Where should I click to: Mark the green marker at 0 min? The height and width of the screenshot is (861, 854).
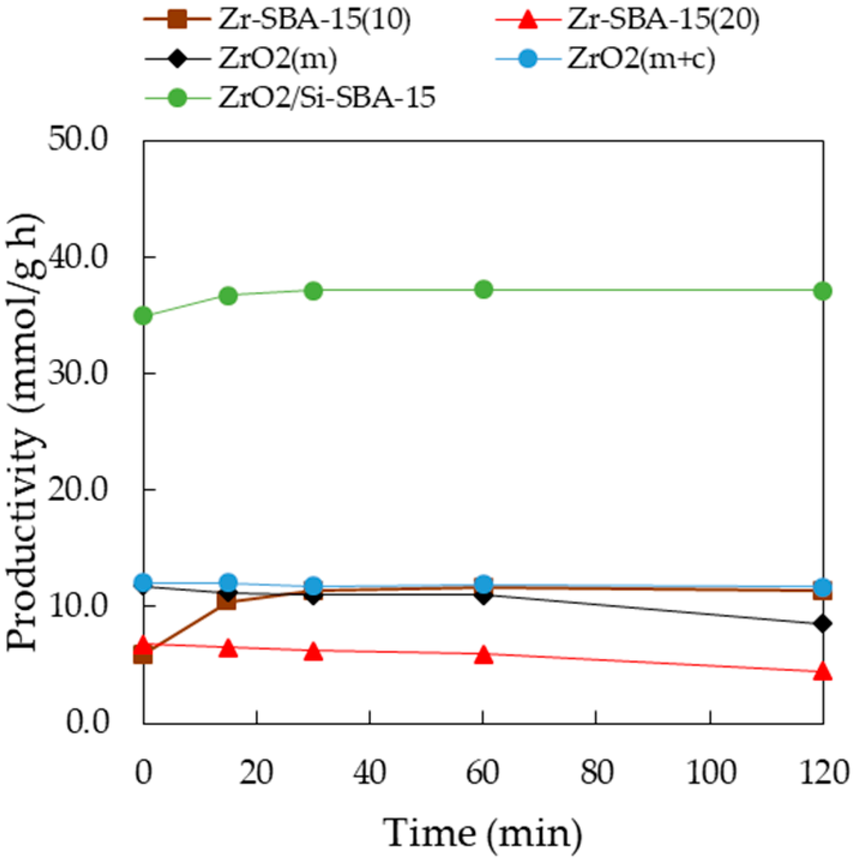pyautogui.click(x=144, y=316)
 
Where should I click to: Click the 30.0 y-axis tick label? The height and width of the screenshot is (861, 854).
pyautogui.click(x=79, y=373)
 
